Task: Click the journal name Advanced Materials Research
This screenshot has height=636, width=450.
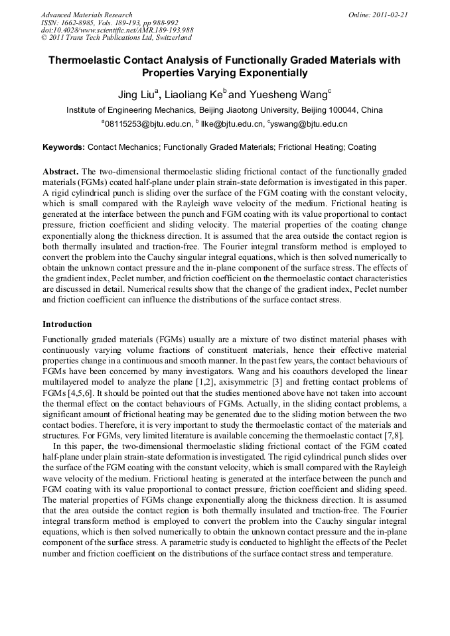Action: (x=86, y=15)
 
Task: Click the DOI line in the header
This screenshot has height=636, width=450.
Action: (x=117, y=30)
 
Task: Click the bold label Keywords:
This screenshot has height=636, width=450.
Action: (x=64, y=147)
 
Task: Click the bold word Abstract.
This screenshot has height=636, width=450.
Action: (x=61, y=170)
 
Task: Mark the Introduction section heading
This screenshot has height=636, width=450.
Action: (x=68, y=324)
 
